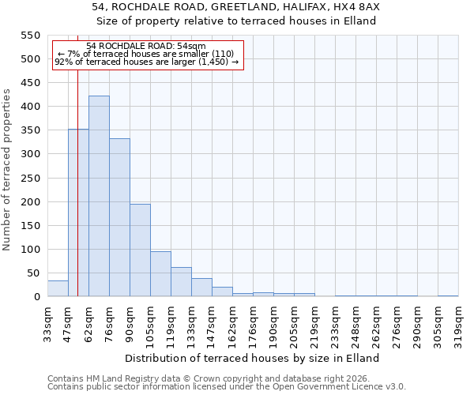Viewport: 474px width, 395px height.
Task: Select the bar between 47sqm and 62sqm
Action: coord(78,213)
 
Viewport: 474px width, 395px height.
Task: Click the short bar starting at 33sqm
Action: coord(58,289)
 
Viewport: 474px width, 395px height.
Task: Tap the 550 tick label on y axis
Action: coord(29,36)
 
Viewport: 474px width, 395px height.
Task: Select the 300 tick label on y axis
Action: coord(29,154)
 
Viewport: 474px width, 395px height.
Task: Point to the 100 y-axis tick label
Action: coord(29,250)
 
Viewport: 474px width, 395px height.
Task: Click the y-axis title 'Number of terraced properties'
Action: coord(7,170)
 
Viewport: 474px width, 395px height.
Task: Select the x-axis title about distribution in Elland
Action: coord(253,358)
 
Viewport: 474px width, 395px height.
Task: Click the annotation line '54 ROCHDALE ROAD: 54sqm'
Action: coord(146,47)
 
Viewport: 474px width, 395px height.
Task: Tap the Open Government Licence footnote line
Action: coord(227,387)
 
